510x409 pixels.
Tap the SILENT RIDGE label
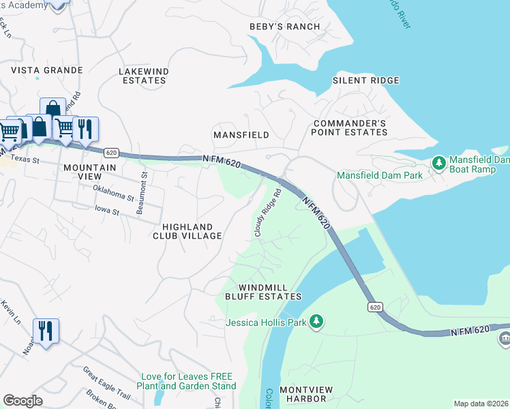[x=365, y=80]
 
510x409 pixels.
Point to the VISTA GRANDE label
[x=46, y=70]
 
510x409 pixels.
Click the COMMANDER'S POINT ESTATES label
[x=350, y=127]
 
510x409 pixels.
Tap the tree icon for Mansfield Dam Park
[x=439, y=163]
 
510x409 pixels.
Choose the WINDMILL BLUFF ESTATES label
[x=263, y=292]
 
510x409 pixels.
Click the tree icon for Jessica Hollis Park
[x=316, y=320]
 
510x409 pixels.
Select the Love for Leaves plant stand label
[x=188, y=381]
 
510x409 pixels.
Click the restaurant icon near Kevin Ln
[x=46, y=331]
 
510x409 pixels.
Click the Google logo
[x=23, y=401]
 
